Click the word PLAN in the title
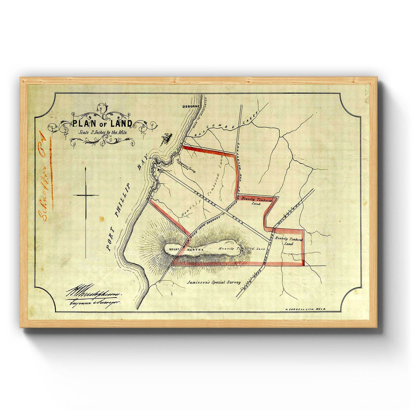point(81,124)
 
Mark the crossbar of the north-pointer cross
point(86,195)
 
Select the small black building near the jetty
point(158,170)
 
